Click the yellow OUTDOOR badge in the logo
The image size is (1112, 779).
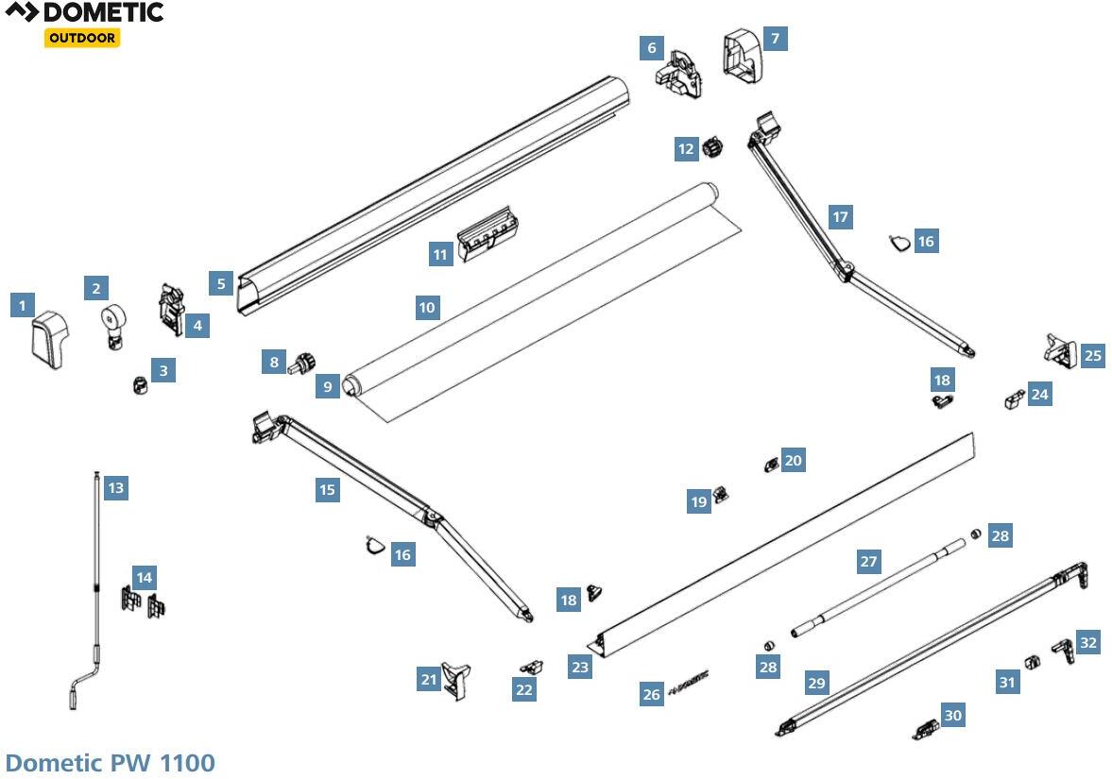pyautogui.click(x=82, y=38)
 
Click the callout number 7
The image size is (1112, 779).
pyautogui.click(x=775, y=38)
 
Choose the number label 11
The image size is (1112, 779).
pyautogui.click(x=439, y=255)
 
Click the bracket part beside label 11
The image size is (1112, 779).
pyautogui.click(x=488, y=233)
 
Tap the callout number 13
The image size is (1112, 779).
pyautogui.click(x=115, y=488)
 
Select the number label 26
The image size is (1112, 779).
pyautogui.click(x=652, y=694)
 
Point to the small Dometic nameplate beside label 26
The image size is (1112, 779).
pyautogui.click(x=689, y=682)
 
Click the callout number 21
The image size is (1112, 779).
pyautogui.click(x=429, y=679)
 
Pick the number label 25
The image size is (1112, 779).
pyautogui.click(x=1092, y=356)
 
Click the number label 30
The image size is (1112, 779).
pyautogui.click(x=952, y=716)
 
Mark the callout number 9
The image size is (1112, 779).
pyautogui.click(x=328, y=385)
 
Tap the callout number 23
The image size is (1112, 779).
pyautogui.click(x=580, y=667)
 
